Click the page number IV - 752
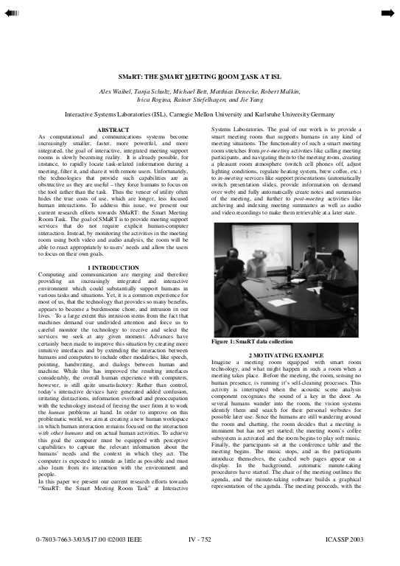pyautogui.click(x=200, y=541)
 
